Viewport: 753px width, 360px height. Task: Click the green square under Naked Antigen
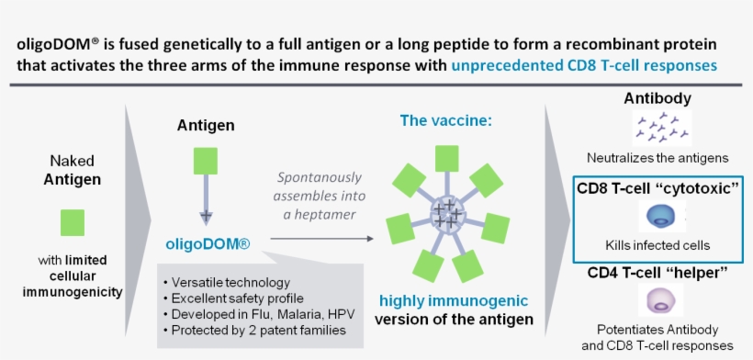[x=73, y=222]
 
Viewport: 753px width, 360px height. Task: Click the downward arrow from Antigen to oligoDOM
[x=206, y=202]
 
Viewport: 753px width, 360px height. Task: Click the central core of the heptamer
[x=447, y=217]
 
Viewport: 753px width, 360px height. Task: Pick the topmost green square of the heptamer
[x=447, y=158]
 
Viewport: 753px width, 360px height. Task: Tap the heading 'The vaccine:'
[x=447, y=120]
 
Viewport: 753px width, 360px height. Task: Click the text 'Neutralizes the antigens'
[x=657, y=159]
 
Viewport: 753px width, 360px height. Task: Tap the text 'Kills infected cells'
[x=657, y=245]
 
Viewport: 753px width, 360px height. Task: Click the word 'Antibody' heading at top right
[x=657, y=98]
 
